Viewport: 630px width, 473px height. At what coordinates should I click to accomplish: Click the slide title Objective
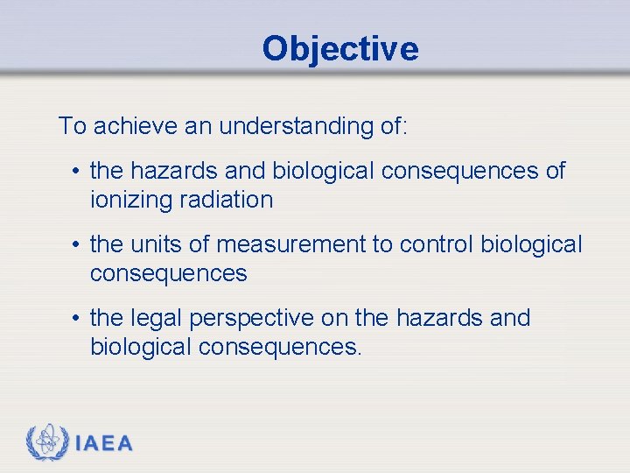tap(339, 48)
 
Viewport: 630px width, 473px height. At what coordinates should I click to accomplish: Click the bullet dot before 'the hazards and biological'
tap(78, 172)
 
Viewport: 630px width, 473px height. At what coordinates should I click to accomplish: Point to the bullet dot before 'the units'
tap(78, 245)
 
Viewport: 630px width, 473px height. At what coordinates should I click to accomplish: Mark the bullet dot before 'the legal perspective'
tap(78, 319)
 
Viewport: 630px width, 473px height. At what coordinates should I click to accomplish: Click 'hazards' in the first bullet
tap(181, 171)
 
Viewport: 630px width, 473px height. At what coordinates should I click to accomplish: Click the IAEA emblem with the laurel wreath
tap(45, 442)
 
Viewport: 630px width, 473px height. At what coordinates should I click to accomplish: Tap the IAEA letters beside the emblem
tap(104, 444)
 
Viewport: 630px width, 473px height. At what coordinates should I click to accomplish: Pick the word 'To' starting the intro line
tap(72, 126)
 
